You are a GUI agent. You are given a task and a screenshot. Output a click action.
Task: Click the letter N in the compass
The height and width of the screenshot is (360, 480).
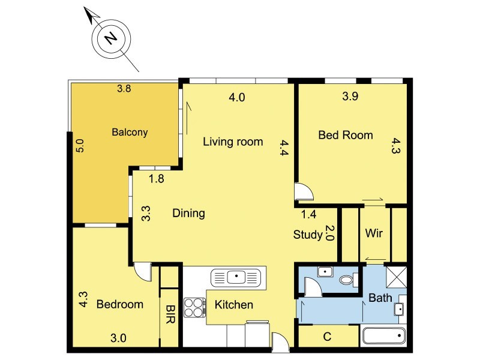coord(111,38)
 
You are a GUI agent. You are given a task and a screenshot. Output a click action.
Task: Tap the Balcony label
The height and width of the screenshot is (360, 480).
coord(130,132)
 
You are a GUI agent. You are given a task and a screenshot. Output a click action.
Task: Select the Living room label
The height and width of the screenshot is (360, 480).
coord(233,142)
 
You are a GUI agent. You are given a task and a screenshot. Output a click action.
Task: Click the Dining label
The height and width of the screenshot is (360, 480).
coord(188,213)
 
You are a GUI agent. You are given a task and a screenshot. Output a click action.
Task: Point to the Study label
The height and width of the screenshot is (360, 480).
coord(308,235)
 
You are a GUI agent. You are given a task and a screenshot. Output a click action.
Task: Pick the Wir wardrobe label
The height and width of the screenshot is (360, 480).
coord(374,233)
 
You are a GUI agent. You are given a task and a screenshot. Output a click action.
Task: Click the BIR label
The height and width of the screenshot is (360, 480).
coord(170,314)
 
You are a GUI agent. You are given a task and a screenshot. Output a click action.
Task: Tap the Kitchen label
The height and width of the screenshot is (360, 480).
coord(234,305)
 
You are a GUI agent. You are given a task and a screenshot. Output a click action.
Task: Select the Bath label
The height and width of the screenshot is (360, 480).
coord(380,298)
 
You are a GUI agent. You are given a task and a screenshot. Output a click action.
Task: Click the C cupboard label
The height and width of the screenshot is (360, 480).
coord(327,337)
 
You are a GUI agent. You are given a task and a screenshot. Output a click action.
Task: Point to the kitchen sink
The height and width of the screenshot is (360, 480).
coord(236,278)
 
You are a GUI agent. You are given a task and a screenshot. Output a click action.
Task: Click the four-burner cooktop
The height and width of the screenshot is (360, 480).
coord(194,308)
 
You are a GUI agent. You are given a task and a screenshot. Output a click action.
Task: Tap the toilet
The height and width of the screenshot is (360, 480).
coord(349,279)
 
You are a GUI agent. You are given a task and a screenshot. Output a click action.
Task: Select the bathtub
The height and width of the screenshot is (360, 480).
coord(384,335)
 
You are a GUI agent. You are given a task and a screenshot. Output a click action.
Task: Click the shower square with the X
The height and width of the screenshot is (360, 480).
coord(397,277)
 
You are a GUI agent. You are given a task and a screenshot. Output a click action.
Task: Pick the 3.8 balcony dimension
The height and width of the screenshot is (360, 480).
coord(124,89)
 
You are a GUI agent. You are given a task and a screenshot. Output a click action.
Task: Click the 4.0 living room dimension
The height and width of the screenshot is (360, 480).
coord(237,97)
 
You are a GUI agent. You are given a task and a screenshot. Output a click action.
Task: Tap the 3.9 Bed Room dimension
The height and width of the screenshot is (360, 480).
coord(350,96)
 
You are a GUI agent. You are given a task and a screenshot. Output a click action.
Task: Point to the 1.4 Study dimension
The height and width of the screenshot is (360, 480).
coord(308,214)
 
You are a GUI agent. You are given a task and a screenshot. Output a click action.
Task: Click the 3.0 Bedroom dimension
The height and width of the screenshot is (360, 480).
coord(118,338)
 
